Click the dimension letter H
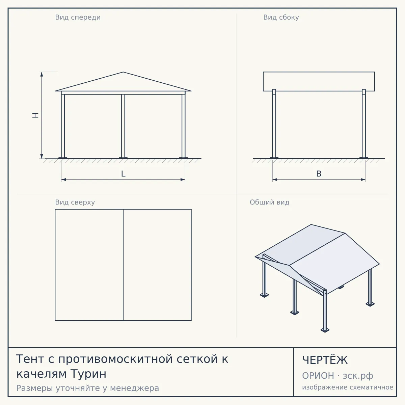[x=35, y=115]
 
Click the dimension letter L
[x=124, y=174]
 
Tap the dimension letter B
[x=319, y=174]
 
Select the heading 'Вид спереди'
[x=78, y=17]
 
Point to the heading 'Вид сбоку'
[x=281, y=17]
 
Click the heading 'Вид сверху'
[x=75, y=202]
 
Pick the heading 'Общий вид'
[x=269, y=202]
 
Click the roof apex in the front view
[x=123, y=72]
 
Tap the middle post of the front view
[x=123, y=126]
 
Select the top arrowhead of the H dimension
[x=42, y=74]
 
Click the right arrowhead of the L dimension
[x=183, y=180]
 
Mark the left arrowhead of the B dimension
[x=275, y=180]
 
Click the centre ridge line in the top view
[x=123, y=265]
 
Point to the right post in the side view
[x=364, y=124]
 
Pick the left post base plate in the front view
[x=63, y=158]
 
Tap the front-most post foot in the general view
[x=325, y=330]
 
